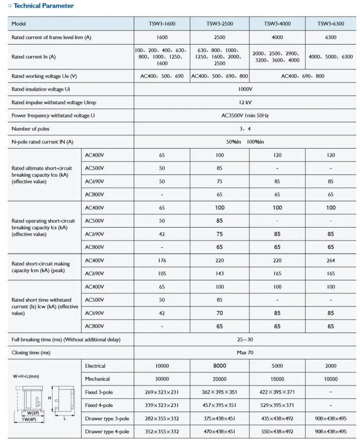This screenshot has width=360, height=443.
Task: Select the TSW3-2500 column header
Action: (x=219, y=24)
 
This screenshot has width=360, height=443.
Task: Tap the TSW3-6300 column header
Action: (x=330, y=24)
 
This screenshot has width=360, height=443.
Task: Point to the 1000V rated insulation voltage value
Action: (x=246, y=89)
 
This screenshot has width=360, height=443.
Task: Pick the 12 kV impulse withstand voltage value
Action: (x=246, y=102)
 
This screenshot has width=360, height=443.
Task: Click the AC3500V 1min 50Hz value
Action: (x=246, y=115)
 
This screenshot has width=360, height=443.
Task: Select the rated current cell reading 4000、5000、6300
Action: (x=330, y=57)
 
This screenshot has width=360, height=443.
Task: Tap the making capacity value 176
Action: (x=162, y=261)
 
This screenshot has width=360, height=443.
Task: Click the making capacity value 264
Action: (x=330, y=261)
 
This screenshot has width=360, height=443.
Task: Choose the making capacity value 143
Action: (x=219, y=274)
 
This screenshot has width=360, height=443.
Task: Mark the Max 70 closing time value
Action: (x=246, y=353)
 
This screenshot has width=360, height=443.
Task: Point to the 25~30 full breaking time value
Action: (x=246, y=340)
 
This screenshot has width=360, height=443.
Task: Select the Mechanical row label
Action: (x=97, y=379)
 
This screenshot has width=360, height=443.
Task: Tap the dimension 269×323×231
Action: (x=162, y=393)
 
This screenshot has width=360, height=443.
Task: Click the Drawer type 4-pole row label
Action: (x=107, y=432)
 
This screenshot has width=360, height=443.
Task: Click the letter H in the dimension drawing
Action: (x=50, y=398)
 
